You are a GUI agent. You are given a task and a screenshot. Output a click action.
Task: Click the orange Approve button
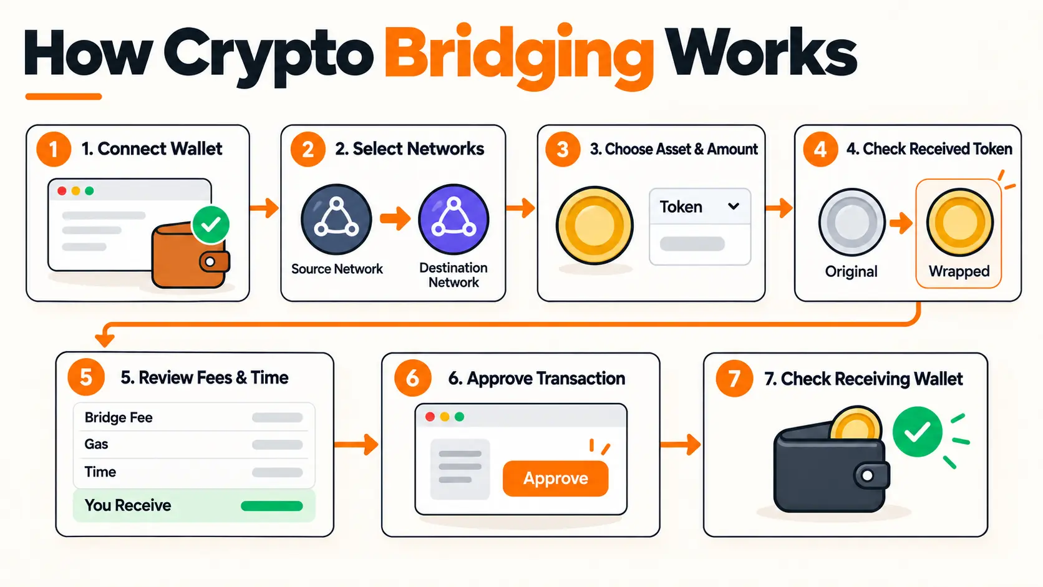(x=555, y=478)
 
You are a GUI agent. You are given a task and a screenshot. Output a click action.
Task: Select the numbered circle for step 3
(x=563, y=149)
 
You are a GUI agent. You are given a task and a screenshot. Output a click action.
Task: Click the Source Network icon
(x=336, y=219)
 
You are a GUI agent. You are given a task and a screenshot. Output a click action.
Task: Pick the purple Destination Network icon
(x=454, y=219)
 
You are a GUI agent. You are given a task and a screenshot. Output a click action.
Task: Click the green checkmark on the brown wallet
(x=211, y=225)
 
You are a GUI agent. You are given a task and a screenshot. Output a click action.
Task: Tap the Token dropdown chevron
(x=734, y=206)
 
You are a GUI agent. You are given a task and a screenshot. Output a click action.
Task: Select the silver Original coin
(x=851, y=222)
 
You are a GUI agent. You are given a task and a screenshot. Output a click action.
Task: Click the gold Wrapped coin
(x=959, y=222)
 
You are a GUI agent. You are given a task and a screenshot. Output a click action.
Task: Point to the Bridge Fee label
(x=119, y=417)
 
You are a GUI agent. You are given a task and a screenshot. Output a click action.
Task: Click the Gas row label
(x=96, y=444)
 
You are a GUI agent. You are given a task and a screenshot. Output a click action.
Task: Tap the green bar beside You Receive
(x=272, y=505)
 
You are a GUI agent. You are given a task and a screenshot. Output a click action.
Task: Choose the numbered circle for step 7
(x=734, y=378)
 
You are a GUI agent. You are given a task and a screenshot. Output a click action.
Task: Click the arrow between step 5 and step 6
(x=356, y=445)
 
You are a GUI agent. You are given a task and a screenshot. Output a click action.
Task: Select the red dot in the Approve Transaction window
(x=430, y=417)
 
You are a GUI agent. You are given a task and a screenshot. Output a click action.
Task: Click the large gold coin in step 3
(x=594, y=225)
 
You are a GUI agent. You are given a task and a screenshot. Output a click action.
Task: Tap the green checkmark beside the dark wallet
(x=917, y=432)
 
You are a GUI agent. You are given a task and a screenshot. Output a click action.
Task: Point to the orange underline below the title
(x=64, y=96)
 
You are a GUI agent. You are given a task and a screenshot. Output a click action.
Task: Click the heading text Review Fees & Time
(x=205, y=377)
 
